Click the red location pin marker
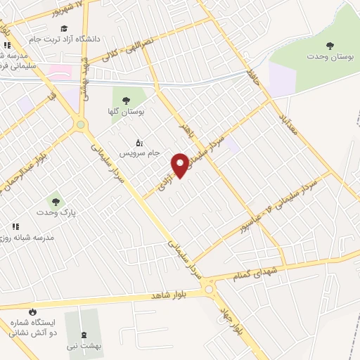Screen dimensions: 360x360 click(x=181, y=165)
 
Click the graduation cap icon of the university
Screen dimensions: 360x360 click(x=64, y=29)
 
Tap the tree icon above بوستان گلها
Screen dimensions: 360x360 click(x=126, y=101)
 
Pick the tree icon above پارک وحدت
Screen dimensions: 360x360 click(x=51, y=200)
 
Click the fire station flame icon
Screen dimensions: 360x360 click(x=31, y=311)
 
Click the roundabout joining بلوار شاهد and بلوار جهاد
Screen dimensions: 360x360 click(x=208, y=289)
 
